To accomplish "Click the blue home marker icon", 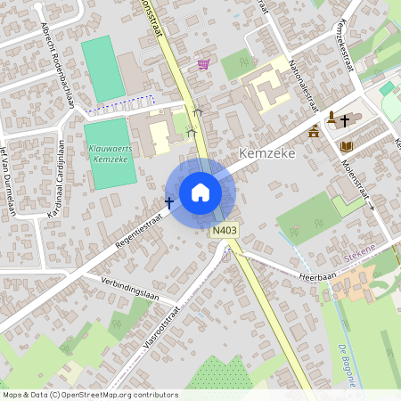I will pyautogui.click(x=200, y=192).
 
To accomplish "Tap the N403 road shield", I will pyautogui.click(x=224, y=231).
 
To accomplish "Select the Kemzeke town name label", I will pyautogui.click(x=266, y=153).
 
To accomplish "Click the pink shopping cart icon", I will pyautogui.click(x=203, y=64).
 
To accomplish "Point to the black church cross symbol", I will pyautogui.click(x=344, y=119).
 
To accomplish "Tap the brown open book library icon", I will pyautogui.click(x=346, y=145).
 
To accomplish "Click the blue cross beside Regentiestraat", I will pyautogui.click(x=169, y=203).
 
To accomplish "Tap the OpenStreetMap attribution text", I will pyautogui.click(x=89, y=395).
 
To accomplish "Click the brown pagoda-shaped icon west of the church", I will pyautogui.click(x=314, y=132).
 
